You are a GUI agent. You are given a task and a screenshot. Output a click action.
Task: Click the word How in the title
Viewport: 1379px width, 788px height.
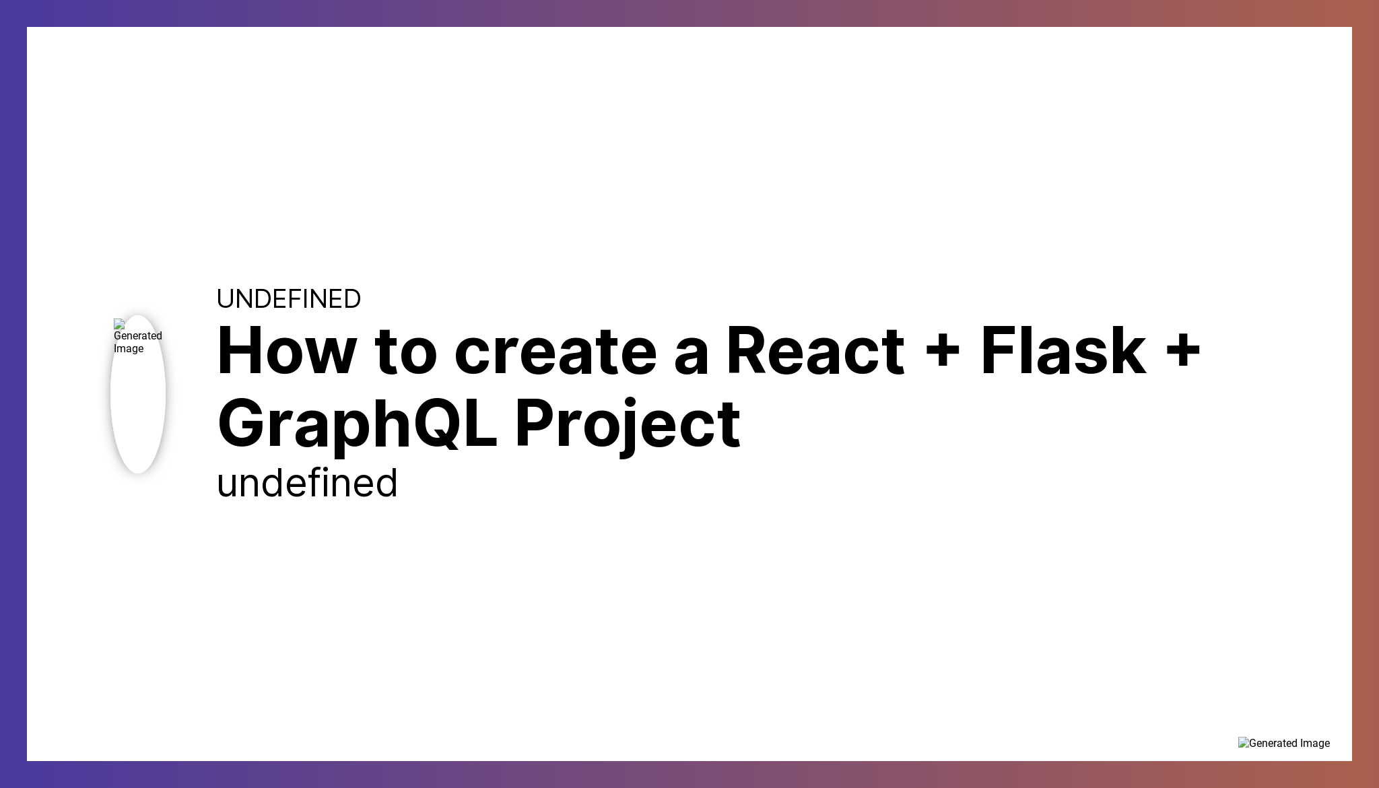pos(286,351)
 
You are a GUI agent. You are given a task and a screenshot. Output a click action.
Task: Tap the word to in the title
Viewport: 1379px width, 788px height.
pos(406,352)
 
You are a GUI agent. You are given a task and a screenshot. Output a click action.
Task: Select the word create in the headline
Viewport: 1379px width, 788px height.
pos(556,352)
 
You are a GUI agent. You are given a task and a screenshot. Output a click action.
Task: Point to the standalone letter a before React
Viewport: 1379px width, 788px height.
pos(691,357)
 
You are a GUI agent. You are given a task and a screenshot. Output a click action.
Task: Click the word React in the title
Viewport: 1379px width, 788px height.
pos(815,351)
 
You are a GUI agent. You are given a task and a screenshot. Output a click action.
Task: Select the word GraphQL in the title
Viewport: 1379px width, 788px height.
pos(357,424)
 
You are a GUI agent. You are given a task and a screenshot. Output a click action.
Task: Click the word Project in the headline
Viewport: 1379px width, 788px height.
pos(628,424)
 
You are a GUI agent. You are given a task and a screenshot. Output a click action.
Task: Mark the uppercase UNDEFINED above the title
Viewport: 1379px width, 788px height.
pos(288,299)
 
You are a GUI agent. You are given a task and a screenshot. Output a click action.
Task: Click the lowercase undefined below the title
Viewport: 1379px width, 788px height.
pos(307,483)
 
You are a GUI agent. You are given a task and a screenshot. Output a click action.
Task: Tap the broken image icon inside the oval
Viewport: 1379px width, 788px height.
pos(119,324)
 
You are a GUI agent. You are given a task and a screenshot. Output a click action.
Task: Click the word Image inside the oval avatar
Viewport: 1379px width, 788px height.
pos(129,349)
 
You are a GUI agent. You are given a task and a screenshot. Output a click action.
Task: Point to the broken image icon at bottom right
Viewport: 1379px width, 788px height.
pos(1243,743)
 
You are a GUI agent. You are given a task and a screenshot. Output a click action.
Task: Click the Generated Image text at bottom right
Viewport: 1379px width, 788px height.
pos(1289,744)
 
